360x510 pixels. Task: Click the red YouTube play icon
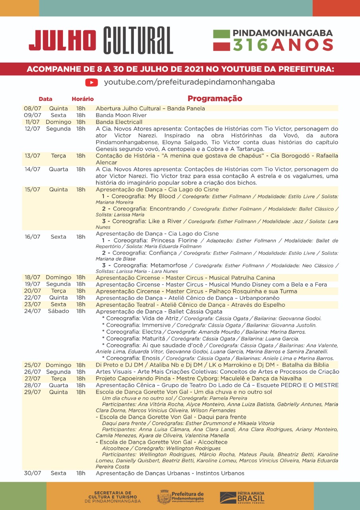(x=92, y=82)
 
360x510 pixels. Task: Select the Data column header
(x=45, y=99)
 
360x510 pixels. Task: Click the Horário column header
(x=82, y=99)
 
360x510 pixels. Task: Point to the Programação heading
(x=215, y=98)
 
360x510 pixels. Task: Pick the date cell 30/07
(x=33, y=473)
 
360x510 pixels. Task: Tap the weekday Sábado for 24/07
(x=59, y=311)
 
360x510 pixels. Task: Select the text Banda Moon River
(x=121, y=115)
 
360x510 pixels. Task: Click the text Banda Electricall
(x=119, y=122)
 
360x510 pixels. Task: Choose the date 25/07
(x=33, y=365)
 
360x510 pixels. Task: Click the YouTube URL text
(x=190, y=82)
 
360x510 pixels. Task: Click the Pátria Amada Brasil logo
(x=242, y=497)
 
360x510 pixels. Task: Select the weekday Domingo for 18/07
(x=59, y=277)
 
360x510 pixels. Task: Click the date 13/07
(x=33, y=156)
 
